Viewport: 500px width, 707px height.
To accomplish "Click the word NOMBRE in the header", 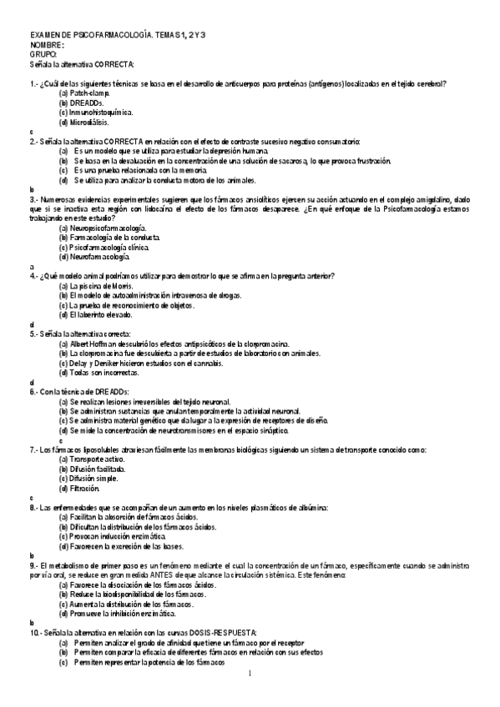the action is click(45, 44).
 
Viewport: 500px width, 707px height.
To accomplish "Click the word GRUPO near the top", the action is click(43, 54).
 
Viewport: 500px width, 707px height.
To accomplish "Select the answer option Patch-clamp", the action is click(90, 93).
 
